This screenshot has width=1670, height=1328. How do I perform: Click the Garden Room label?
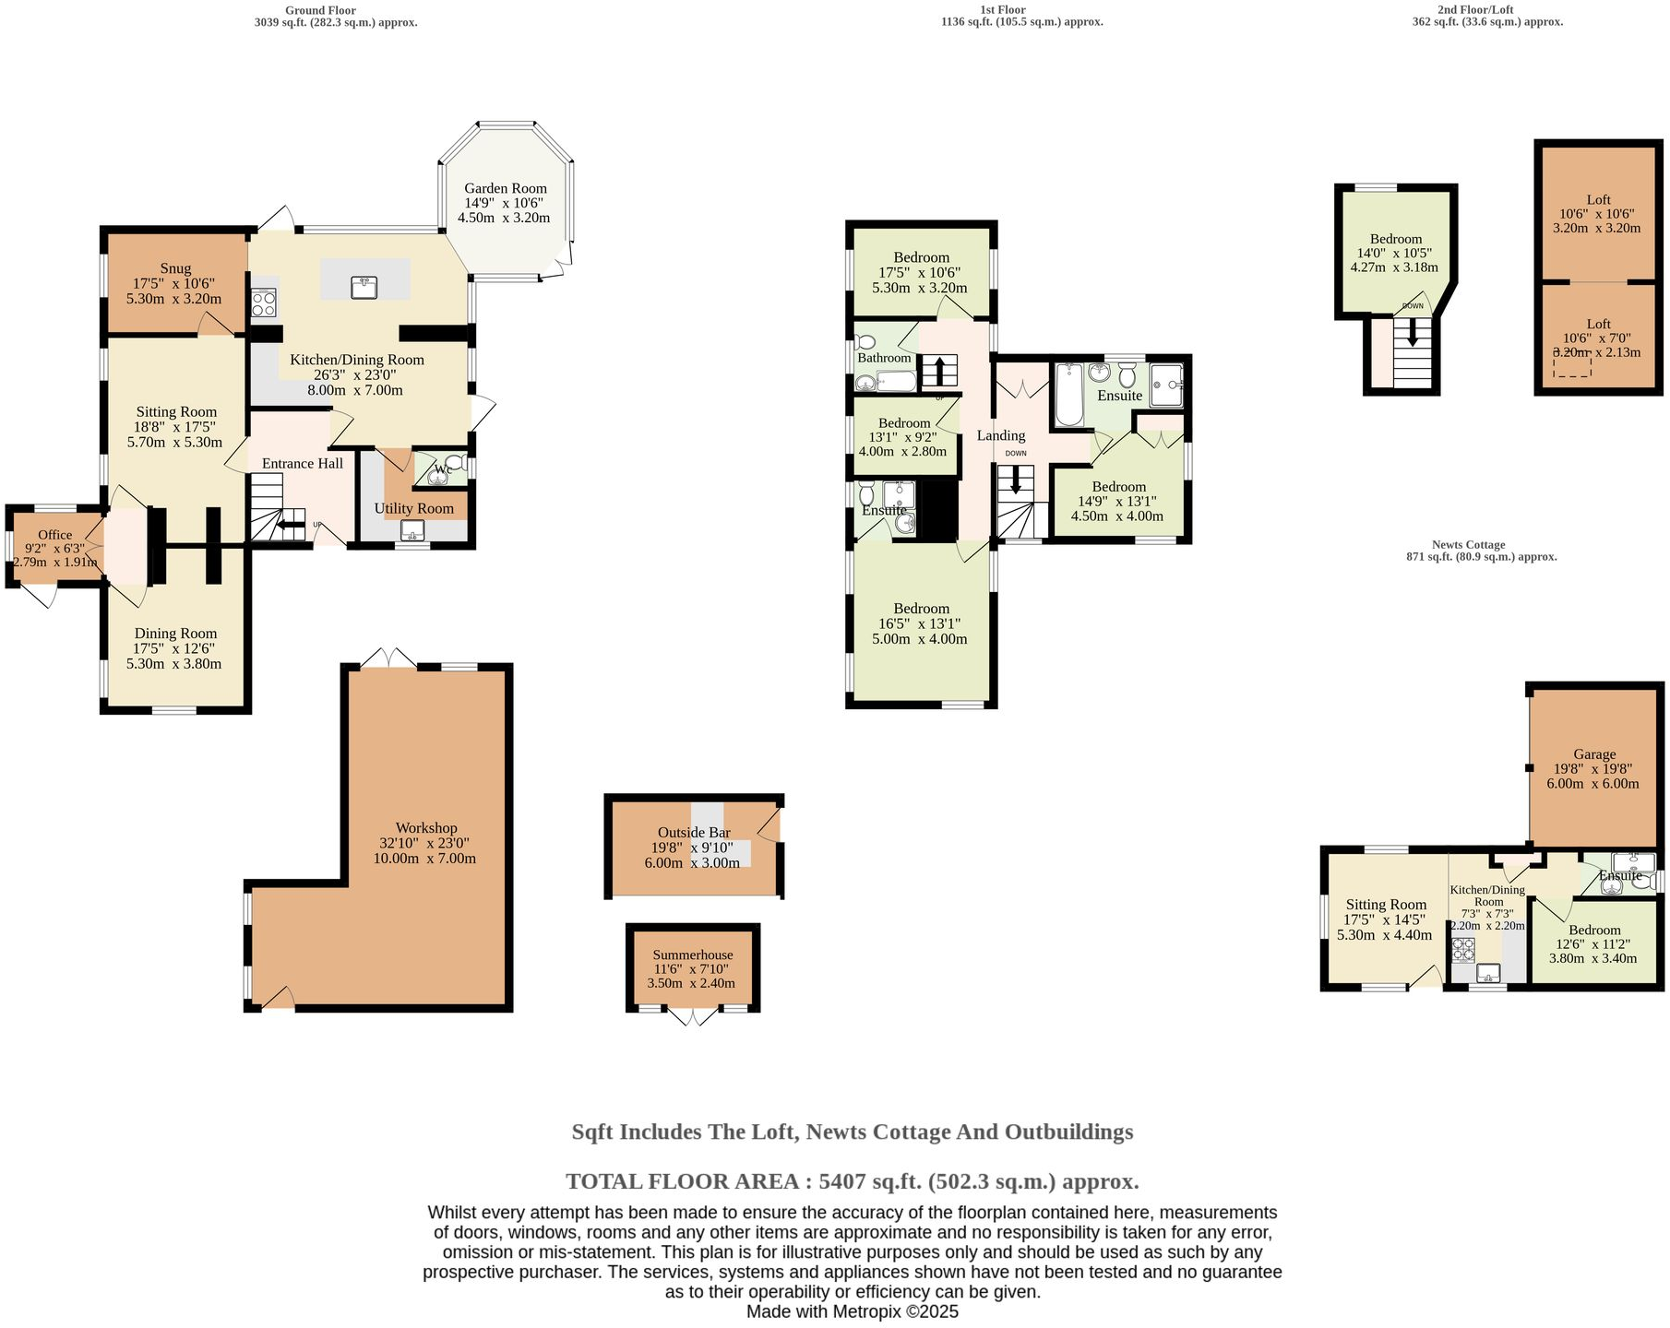coord(505,188)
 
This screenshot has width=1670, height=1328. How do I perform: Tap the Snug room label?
coord(175,268)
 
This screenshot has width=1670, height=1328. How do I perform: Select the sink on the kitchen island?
coord(364,287)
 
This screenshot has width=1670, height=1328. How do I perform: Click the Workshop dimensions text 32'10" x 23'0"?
coord(424,843)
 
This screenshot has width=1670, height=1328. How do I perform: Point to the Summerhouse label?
coord(693,955)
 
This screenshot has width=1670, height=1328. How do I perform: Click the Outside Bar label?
coord(694,833)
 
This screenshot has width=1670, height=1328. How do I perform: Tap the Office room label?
coord(54,535)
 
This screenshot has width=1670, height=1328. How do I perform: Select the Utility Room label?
coord(413,508)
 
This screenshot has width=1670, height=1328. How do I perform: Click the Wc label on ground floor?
coord(443,469)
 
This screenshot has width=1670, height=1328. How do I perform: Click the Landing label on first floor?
coord(1001,435)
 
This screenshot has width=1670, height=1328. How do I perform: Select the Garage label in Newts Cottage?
coord(1594,753)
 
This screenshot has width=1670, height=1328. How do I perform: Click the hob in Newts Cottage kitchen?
coord(1463,949)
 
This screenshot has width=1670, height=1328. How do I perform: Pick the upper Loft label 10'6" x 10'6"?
coord(1598,199)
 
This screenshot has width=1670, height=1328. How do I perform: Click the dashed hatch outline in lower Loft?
coord(1571,366)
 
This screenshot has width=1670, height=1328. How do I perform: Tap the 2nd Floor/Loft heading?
coord(1487,10)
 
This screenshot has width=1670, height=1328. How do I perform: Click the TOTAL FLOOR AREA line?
coord(852,1181)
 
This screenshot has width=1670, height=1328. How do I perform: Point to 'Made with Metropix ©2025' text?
coord(852,1311)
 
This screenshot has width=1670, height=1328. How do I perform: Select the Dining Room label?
coord(175,634)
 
